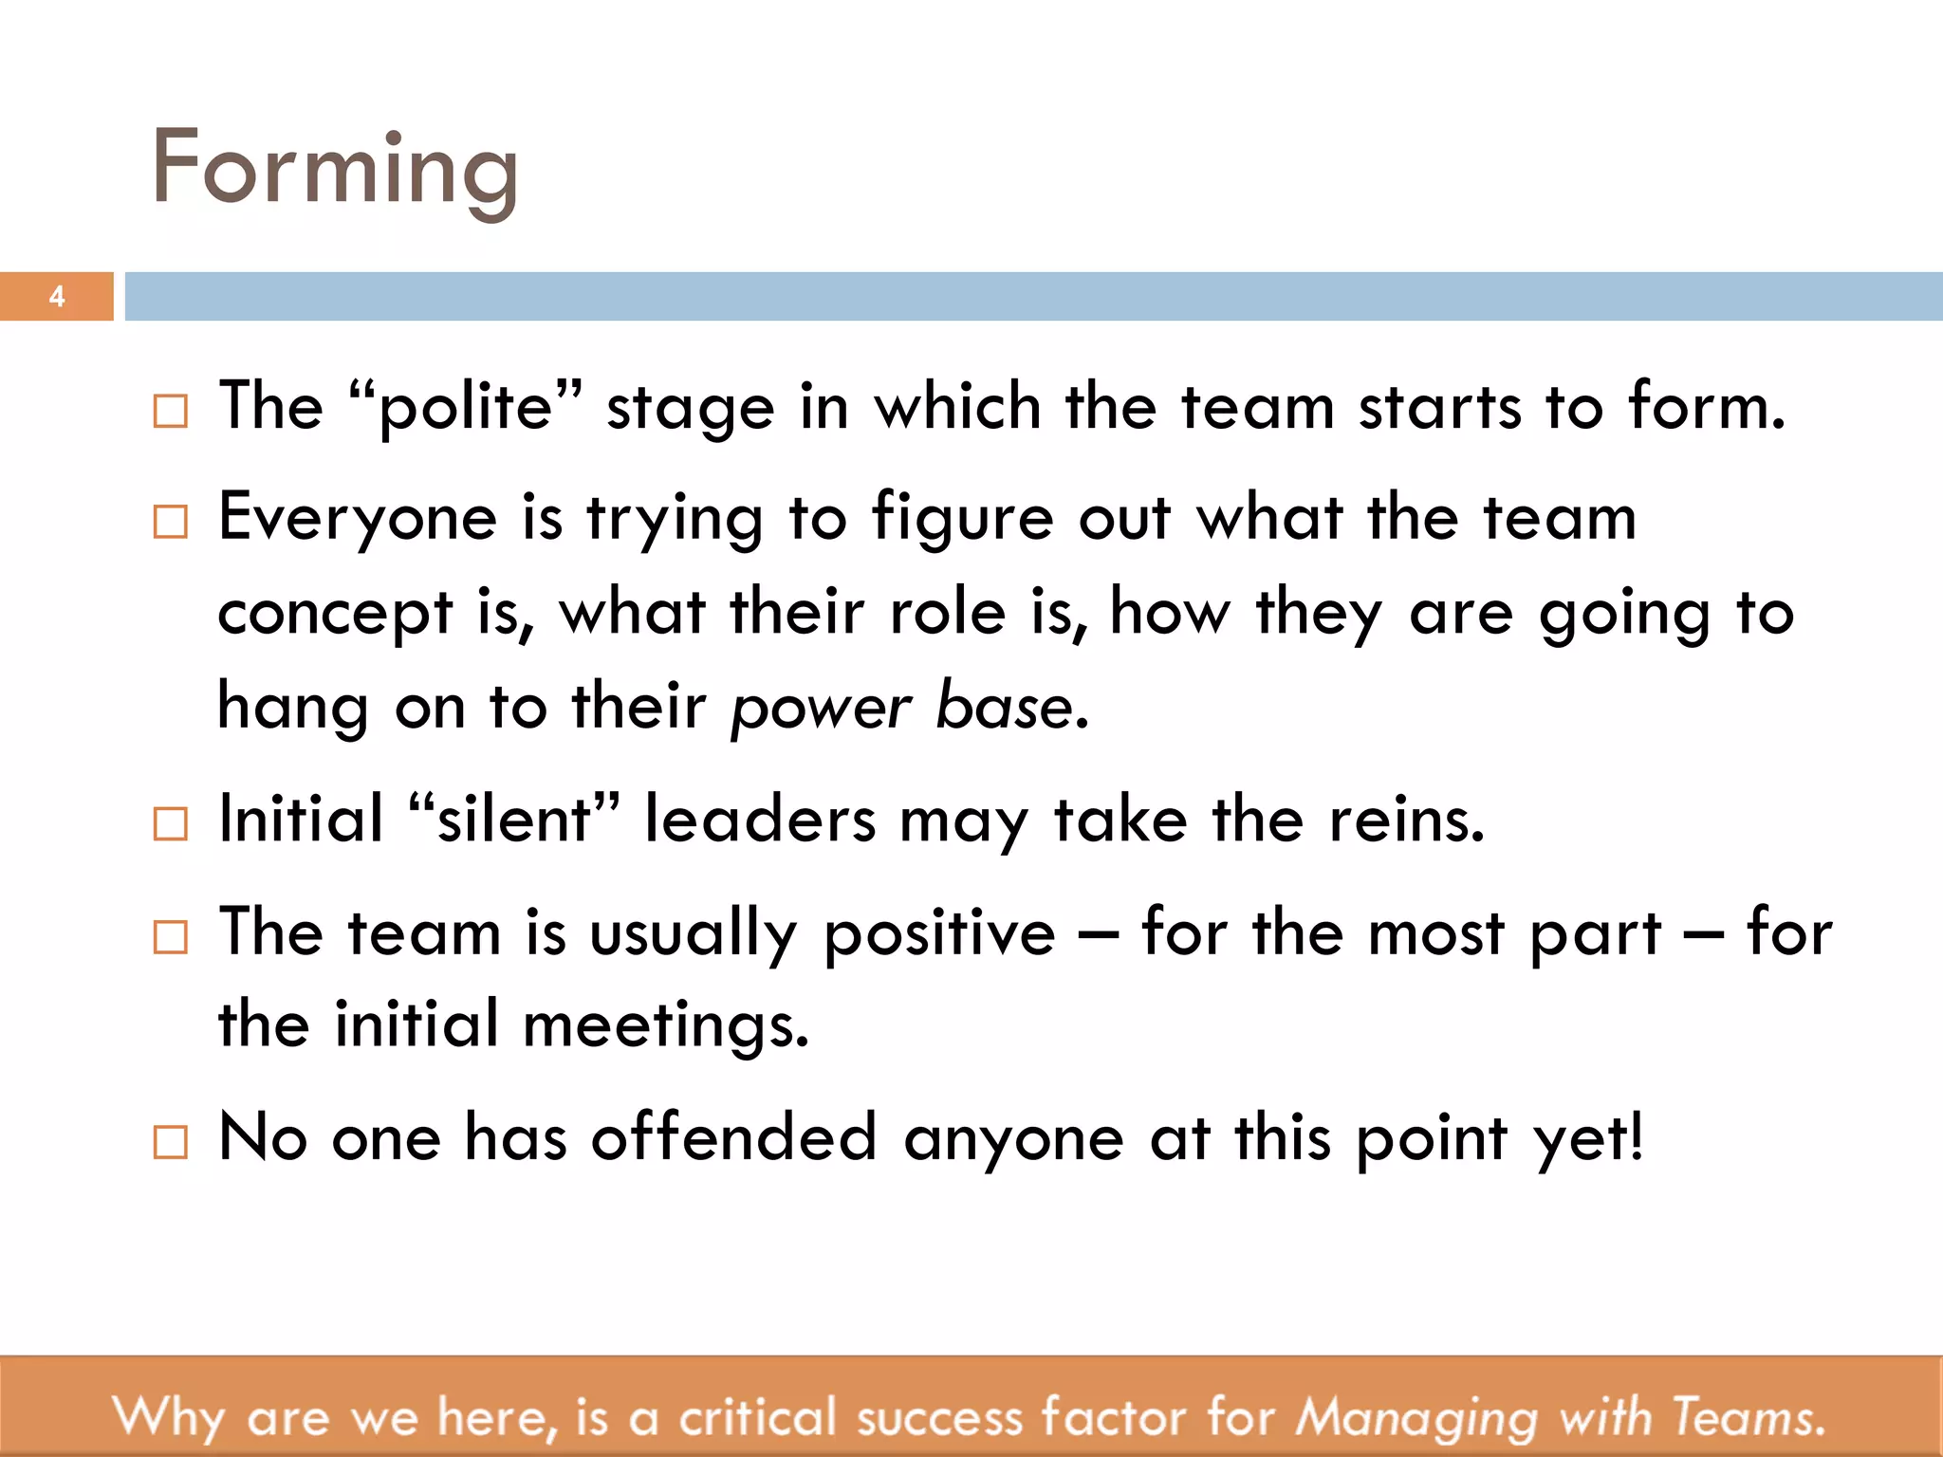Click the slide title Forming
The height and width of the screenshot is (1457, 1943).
pyautogui.click(x=334, y=169)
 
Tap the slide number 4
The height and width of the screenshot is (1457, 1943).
pyautogui.click(x=57, y=297)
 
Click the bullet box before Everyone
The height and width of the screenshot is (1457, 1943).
pyautogui.click(x=171, y=522)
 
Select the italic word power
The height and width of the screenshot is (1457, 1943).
pyautogui.click(x=822, y=709)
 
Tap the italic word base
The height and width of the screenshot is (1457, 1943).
pyautogui.click(x=1004, y=707)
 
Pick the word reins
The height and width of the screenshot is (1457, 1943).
pyautogui.click(x=1405, y=820)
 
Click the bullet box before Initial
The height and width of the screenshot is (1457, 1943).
pyautogui.click(x=171, y=823)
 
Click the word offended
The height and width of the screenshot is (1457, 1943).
pyautogui.click(x=733, y=1137)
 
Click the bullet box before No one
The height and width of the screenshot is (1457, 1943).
pyautogui.click(x=171, y=1142)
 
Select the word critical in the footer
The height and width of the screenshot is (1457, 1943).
pyautogui.click(x=757, y=1418)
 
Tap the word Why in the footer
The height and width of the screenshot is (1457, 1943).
pyautogui.click(x=168, y=1418)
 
